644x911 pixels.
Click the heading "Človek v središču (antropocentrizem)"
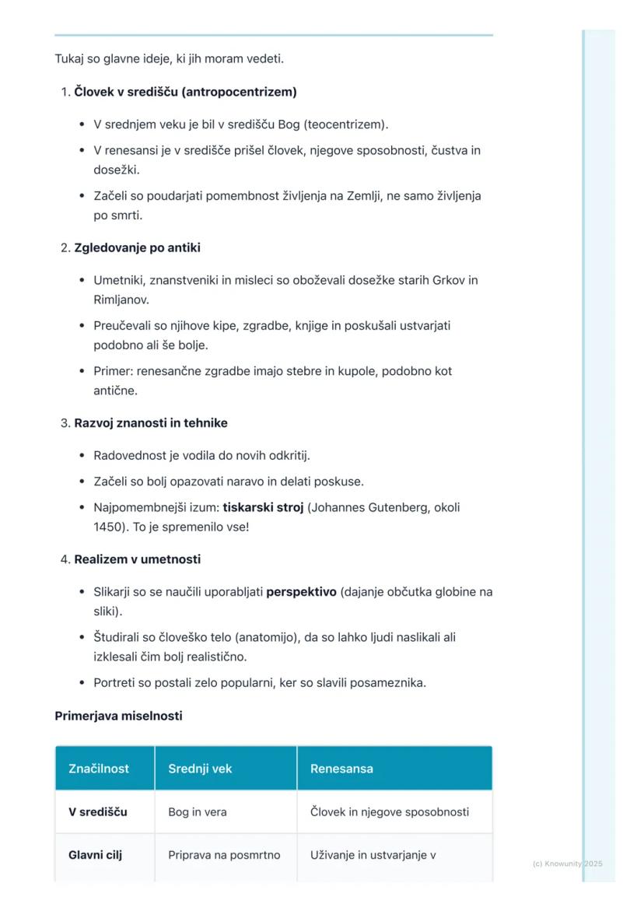[x=185, y=92]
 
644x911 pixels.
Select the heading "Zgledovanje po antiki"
[x=137, y=247]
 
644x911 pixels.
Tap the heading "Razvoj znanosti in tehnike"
[x=151, y=423]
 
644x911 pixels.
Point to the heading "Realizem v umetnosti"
[x=137, y=559]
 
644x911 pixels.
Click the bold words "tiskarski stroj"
[x=263, y=507]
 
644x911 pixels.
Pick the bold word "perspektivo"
[x=301, y=592]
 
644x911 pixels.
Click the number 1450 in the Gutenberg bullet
[x=107, y=527]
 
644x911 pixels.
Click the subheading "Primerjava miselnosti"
[x=118, y=716]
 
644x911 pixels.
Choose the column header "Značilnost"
[x=99, y=769]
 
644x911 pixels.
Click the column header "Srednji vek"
[x=200, y=769]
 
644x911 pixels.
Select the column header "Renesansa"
[x=341, y=769]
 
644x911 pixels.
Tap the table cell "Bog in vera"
[x=198, y=812]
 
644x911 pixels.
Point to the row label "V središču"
[x=98, y=812]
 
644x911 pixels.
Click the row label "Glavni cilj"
[x=95, y=855]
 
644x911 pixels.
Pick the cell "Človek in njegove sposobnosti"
[x=390, y=812]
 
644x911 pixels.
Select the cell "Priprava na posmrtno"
[x=224, y=855]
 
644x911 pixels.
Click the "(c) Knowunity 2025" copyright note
[x=568, y=864]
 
